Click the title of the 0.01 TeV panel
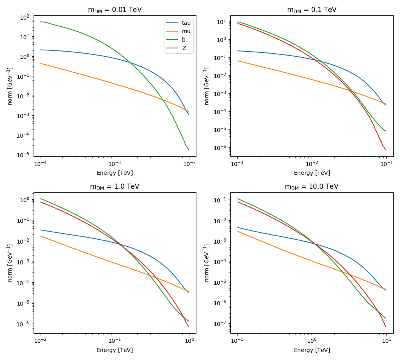pos(115,10)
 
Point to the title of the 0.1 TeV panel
pos(312,10)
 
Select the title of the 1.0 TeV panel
pos(115,187)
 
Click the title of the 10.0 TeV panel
pos(312,187)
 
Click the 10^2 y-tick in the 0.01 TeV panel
pos(25,18)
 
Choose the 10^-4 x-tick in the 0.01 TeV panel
pos(40,164)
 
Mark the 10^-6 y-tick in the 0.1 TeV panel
pos(222,148)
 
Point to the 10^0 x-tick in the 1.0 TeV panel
pos(189,341)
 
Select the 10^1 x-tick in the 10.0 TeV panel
pos(386,341)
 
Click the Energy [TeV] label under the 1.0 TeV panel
pos(115,350)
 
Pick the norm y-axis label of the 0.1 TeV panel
pos(207,86)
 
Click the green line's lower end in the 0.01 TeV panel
pos(188,150)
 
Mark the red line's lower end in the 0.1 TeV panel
pos(386,150)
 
